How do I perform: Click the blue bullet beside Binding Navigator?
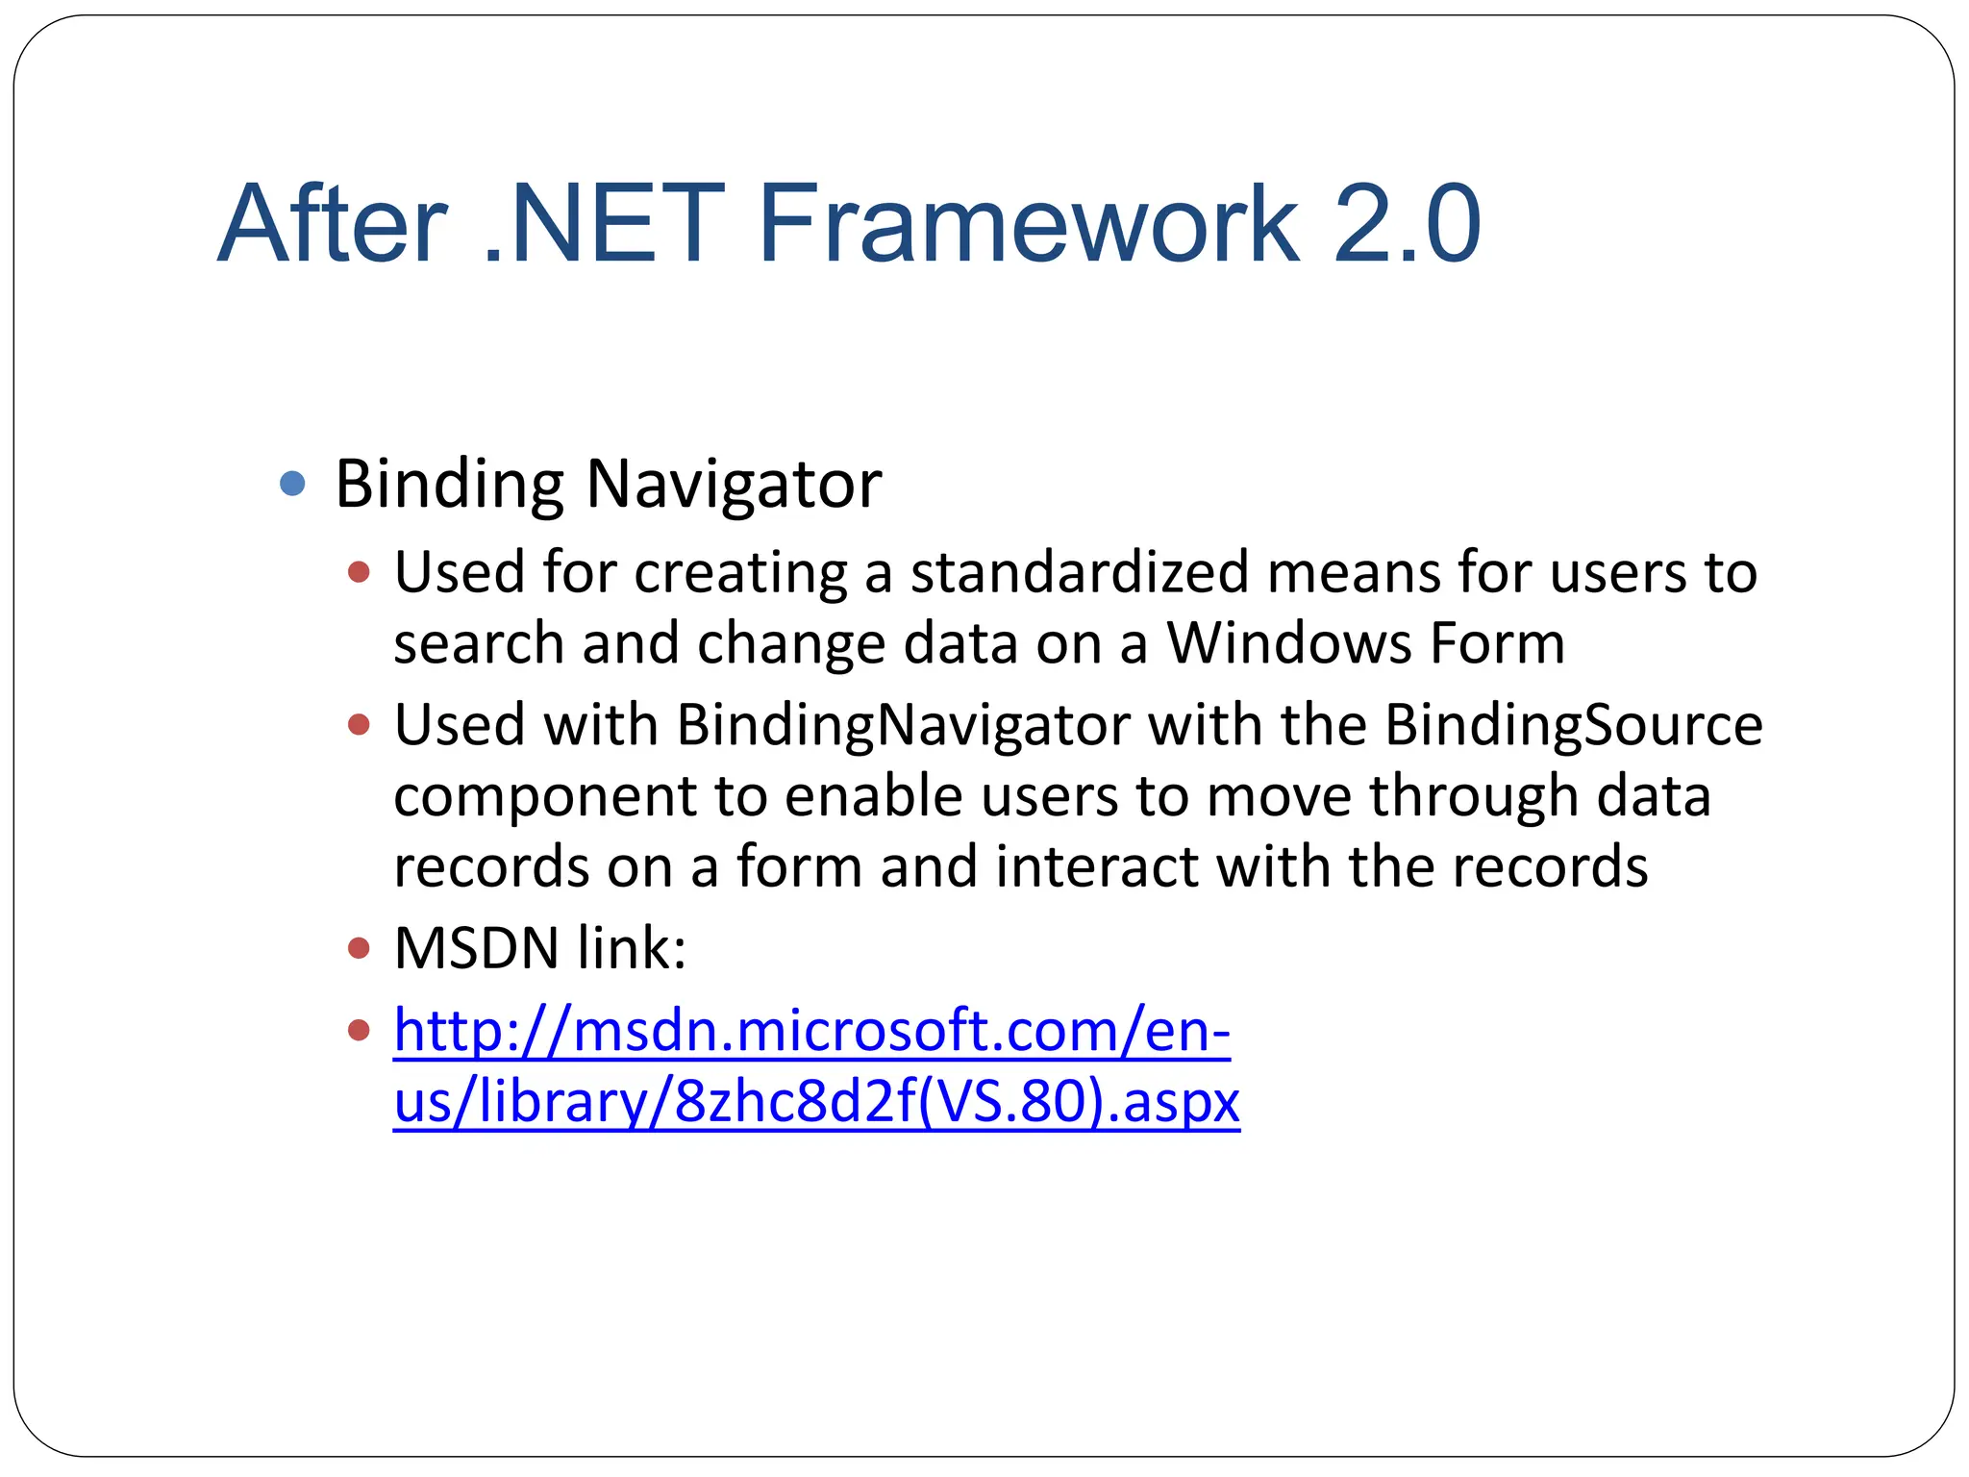click(x=292, y=483)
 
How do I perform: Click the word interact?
click(x=1096, y=866)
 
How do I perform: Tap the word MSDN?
click(x=477, y=948)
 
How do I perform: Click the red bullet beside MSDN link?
click(x=359, y=949)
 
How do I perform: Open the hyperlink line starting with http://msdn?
click(x=811, y=1031)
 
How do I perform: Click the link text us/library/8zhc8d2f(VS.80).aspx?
click(x=816, y=1102)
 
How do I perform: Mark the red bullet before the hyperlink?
click(x=359, y=1031)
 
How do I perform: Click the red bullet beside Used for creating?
click(x=359, y=573)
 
